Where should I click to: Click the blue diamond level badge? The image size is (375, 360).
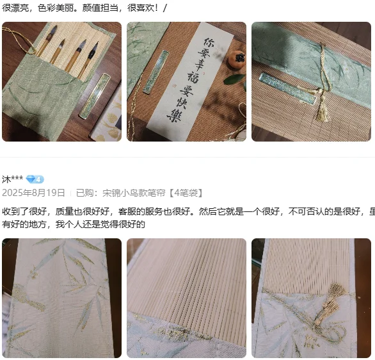[35, 179]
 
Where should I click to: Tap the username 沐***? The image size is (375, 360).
[12, 179]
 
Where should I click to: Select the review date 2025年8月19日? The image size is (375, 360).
[33, 193]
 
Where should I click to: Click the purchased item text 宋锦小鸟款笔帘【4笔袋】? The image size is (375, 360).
[152, 193]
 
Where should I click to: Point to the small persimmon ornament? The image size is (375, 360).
[237, 60]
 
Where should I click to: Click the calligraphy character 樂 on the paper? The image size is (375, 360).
[174, 115]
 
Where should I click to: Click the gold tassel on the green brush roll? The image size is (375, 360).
[323, 109]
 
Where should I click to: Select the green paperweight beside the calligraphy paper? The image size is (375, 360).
[156, 72]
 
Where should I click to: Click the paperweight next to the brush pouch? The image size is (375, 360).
[95, 96]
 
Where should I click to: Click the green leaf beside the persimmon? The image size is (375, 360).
[234, 79]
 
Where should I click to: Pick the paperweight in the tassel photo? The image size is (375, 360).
[287, 88]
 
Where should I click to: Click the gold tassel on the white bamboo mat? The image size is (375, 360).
[331, 302]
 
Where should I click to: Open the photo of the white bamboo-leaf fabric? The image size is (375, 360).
[61, 298]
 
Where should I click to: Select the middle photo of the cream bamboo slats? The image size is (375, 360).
[187, 298]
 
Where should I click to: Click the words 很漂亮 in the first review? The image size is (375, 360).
[15, 8]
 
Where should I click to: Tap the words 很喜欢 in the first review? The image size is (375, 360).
[141, 8]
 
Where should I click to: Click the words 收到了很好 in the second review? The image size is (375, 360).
[24, 211]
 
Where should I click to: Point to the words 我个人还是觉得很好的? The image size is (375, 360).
[100, 224]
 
